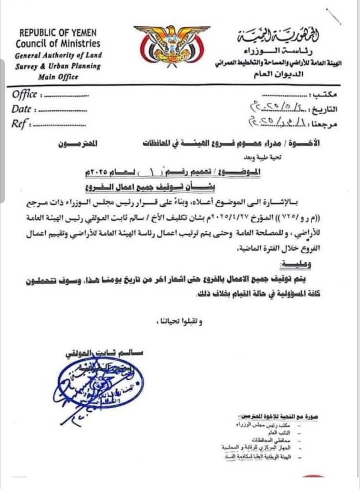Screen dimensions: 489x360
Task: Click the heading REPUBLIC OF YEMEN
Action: (x=58, y=33)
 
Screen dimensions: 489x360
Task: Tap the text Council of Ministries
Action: (x=58, y=44)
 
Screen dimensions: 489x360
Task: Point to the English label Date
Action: (x=22, y=109)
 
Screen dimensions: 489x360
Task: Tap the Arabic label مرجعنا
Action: (x=325, y=124)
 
